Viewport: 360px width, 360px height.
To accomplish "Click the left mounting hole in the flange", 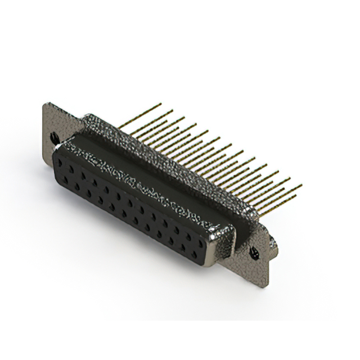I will (54, 137).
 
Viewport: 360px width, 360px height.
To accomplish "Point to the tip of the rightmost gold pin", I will (301, 185).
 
